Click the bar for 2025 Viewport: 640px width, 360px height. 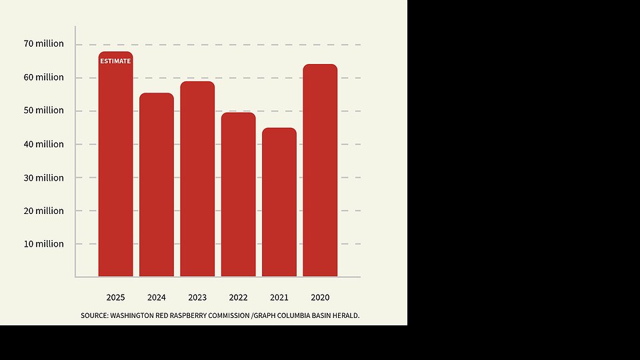[x=115, y=167]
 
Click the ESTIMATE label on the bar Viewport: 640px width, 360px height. [x=115, y=61]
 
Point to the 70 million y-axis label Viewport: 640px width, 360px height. [x=44, y=44]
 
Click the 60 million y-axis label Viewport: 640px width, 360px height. [x=44, y=77]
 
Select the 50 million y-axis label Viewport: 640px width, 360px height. [x=44, y=111]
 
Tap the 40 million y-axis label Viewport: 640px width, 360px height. [x=44, y=144]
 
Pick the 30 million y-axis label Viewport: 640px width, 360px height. [x=44, y=178]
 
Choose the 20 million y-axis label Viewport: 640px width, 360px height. [x=44, y=211]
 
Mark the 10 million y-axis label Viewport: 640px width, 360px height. [x=44, y=244]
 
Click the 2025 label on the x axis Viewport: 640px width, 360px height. [x=115, y=297]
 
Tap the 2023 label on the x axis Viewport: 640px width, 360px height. [x=197, y=297]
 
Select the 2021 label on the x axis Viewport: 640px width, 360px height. [x=279, y=297]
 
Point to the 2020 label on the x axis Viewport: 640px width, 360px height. [x=320, y=297]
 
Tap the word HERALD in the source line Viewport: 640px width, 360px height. [x=346, y=315]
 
